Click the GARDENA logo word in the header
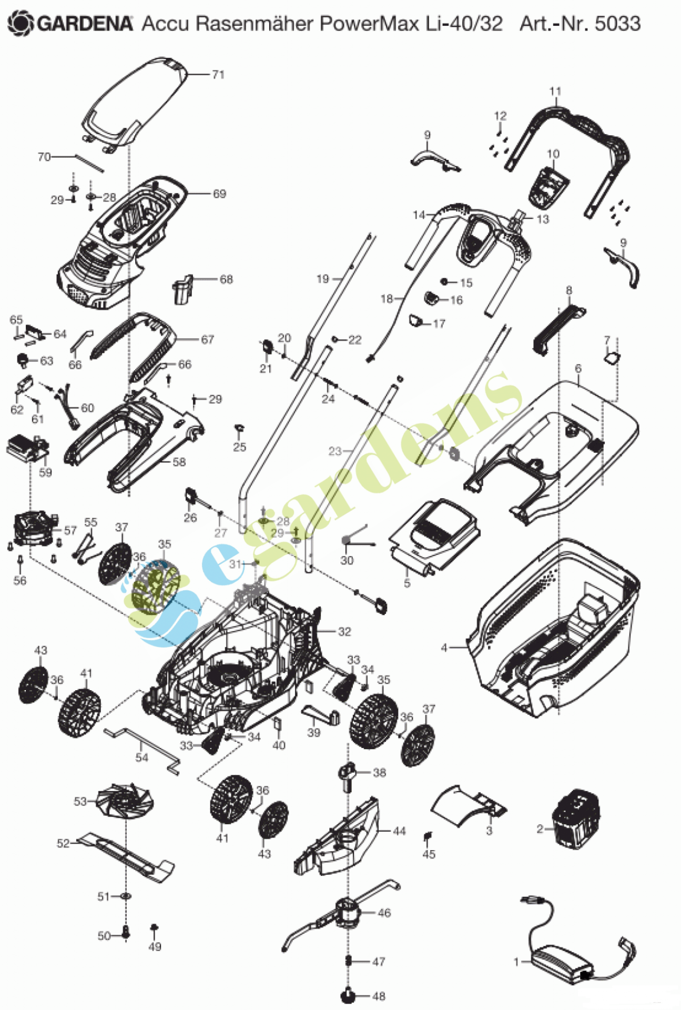(x=84, y=24)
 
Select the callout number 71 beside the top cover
(x=218, y=75)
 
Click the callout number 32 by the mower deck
(x=344, y=631)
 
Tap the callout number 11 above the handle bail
(x=555, y=92)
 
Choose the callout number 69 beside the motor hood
(x=219, y=194)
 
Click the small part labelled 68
(x=182, y=289)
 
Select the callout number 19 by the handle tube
(x=322, y=279)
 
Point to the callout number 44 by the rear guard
(x=400, y=831)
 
